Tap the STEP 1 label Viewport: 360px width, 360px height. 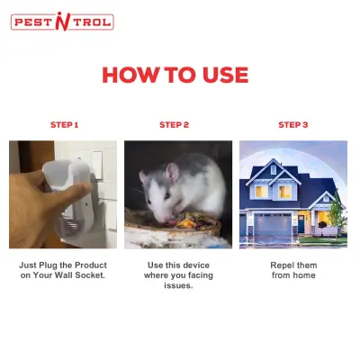click(64, 125)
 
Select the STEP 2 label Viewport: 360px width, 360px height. click(174, 125)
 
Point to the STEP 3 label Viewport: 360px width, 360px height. click(292, 125)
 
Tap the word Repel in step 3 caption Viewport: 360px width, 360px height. click(282, 265)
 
